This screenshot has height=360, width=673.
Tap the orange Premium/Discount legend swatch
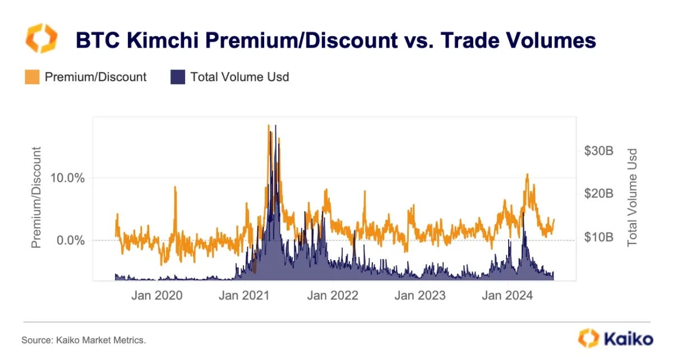(x=32, y=77)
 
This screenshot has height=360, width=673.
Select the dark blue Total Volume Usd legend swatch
(x=177, y=77)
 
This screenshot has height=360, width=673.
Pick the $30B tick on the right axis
(x=598, y=151)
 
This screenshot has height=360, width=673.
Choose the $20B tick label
(x=598, y=194)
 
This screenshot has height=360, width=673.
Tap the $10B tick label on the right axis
(x=598, y=237)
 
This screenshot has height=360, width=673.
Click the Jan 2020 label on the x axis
(x=156, y=296)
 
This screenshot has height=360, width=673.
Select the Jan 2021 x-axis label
(x=245, y=296)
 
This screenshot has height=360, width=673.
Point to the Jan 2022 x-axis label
(x=332, y=296)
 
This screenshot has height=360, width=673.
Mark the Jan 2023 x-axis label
(x=420, y=296)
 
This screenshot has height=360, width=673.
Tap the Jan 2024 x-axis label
(x=508, y=296)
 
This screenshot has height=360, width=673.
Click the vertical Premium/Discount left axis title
(x=37, y=197)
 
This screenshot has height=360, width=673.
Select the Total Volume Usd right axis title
(x=633, y=197)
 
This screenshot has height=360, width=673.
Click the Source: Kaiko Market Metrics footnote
(x=84, y=340)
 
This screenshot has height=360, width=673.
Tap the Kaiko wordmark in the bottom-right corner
(x=628, y=339)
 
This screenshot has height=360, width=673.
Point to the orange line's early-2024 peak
(x=527, y=174)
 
